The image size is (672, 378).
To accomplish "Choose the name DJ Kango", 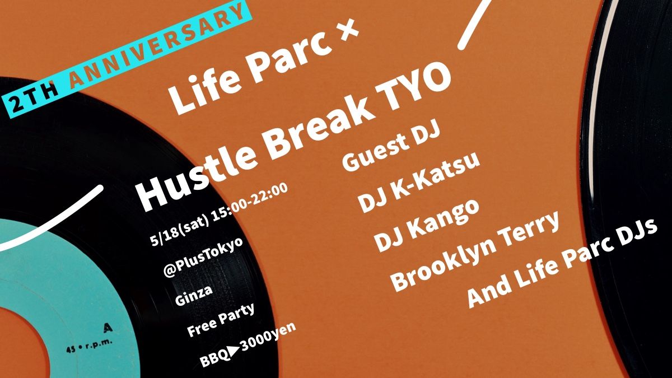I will [427, 224].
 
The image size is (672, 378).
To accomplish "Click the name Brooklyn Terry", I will [475, 251].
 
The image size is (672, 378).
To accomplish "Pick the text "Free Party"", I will [221, 320].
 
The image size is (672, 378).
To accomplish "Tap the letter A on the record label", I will [106, 325].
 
